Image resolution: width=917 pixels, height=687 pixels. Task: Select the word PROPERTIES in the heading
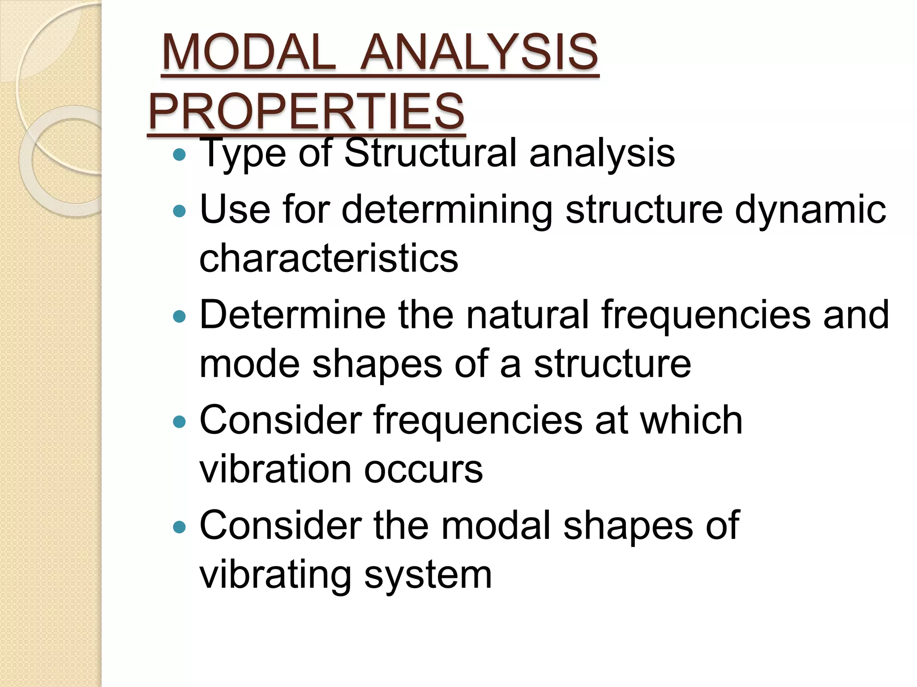tap(307, 111)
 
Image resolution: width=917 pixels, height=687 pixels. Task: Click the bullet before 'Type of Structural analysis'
tap(179, 155)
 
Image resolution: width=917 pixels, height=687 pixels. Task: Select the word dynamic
tap(810, 210)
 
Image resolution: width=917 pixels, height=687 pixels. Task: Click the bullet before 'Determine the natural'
tap(179, 317)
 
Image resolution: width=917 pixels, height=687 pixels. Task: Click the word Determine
tap(292, 315)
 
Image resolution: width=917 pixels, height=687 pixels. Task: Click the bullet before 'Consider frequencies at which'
tap(179, 422)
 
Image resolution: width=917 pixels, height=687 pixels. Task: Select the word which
tap(692, 420)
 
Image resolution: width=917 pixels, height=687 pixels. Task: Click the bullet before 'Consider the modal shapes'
tap(179, 527)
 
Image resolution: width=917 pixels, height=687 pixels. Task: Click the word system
tap(428, 575)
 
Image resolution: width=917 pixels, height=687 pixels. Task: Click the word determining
tap(447, 210)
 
